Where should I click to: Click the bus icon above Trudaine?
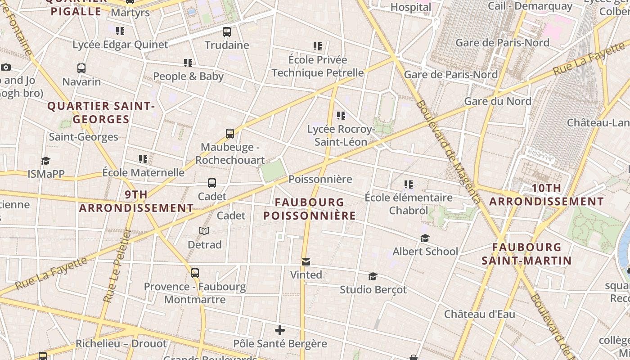227,32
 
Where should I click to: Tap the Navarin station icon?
81,68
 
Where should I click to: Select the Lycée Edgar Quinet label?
120,45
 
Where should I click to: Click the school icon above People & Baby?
188,63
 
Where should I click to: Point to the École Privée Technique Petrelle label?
318,66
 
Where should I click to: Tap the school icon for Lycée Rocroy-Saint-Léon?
341,116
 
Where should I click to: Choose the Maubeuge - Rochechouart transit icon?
230,134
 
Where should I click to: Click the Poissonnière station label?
320,179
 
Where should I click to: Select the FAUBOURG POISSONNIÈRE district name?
310,209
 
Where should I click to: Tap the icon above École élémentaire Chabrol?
409,184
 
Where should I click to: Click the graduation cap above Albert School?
425,238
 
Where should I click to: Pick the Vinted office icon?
306,262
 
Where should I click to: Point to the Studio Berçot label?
373,290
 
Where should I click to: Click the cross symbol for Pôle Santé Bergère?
280,330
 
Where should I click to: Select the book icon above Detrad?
204,231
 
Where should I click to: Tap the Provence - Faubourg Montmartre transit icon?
195,273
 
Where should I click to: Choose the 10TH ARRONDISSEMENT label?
546,195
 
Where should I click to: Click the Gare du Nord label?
498,101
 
